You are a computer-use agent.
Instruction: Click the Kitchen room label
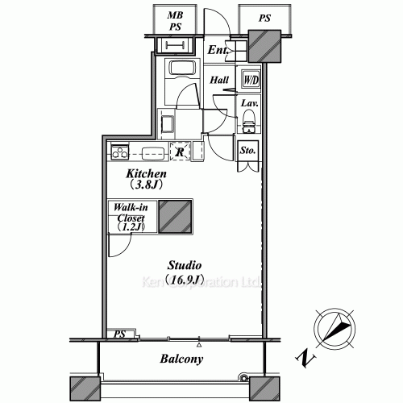click(x=145, y=173)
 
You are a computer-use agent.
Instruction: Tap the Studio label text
click(x=184, y=265)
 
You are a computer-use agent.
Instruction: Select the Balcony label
click(x=181, y=359)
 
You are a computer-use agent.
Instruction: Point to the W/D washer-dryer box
click(x=251, y=81)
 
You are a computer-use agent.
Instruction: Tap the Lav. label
click(x=249, y=103)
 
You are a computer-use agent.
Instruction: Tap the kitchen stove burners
click(x=119, y=152)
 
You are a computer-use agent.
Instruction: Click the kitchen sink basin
click(x=152, y=152)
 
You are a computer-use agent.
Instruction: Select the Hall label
click(x=219, y=81)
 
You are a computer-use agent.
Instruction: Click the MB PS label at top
click(x=175, y=21)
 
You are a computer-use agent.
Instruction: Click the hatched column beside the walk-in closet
click(x=174, y=216)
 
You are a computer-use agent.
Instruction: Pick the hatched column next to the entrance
click(x=263, y=46)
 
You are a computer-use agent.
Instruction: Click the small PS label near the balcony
click(x=119, y=333)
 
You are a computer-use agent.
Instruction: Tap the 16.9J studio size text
click(x=184, y=280)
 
